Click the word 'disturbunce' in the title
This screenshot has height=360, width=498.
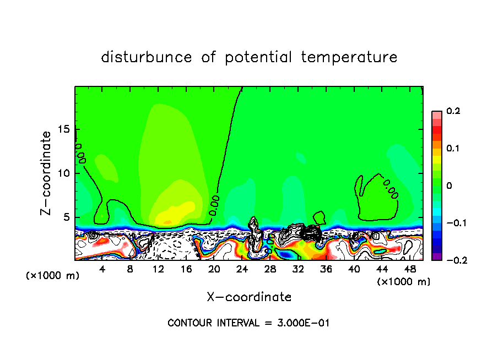point(146,57)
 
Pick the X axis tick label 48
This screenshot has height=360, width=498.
point(410,270)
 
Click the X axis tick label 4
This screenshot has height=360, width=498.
point(102,270)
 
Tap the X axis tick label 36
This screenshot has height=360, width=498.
point(326,270)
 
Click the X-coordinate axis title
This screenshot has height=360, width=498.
point(249,297)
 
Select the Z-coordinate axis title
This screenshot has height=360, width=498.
point(46,173)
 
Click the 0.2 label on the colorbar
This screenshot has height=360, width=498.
point(453,111)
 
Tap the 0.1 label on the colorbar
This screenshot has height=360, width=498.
point(453,149)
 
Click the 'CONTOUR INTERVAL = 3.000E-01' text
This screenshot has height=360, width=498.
point(248,323)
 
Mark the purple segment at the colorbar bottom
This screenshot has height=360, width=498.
point(436,256)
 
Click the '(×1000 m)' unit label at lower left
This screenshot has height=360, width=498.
point(53,275)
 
